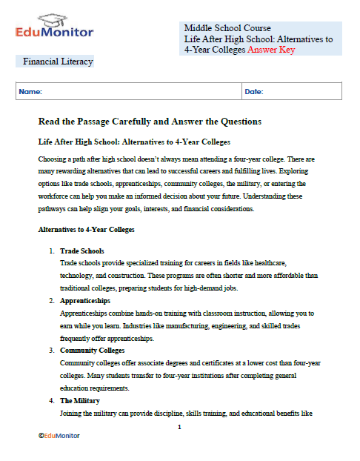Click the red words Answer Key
click(271, 50)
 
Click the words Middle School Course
click(227, 28)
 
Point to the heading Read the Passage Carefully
click(149, 121)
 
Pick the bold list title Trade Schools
click(81, 251)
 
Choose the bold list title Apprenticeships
click(85, 301)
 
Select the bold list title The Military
click(80, 400)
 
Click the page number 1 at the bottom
click(180, 427)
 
